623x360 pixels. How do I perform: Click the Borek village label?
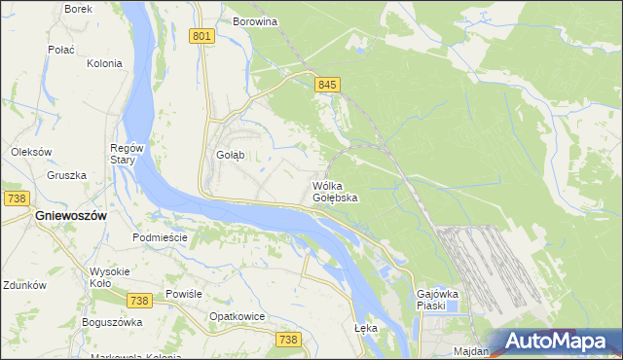pos(78,8)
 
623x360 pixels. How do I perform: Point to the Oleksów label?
pos(30,152)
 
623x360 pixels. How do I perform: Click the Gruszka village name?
pos(66,176)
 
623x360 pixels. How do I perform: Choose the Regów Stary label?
pos(128,154)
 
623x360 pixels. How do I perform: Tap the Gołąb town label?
pos(230,155)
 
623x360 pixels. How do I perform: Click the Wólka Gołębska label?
pos(334,191)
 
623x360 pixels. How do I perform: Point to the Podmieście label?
pos(159,237)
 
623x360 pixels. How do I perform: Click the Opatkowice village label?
pos(238,317)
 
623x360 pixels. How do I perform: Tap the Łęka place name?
pos(366,328)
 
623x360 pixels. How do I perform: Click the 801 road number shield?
pos(202,36)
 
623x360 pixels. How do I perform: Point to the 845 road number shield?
pos(326,86)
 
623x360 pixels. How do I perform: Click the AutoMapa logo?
pos(556,342)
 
